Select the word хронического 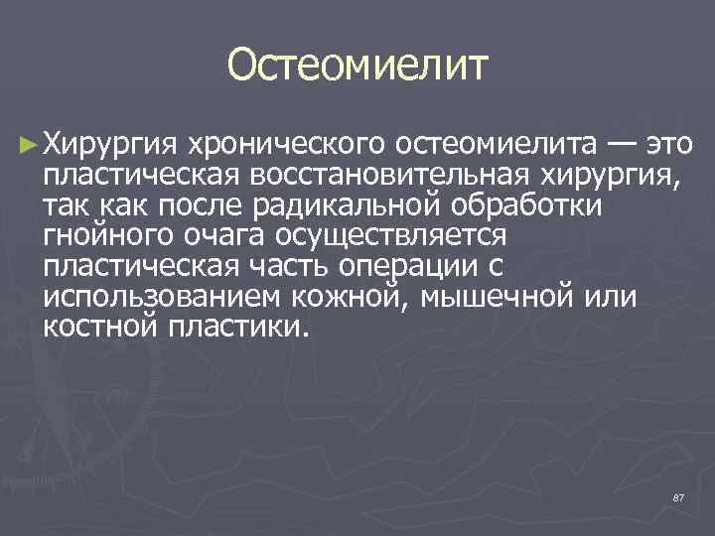pos(285,147)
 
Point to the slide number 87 pos(678,496)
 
